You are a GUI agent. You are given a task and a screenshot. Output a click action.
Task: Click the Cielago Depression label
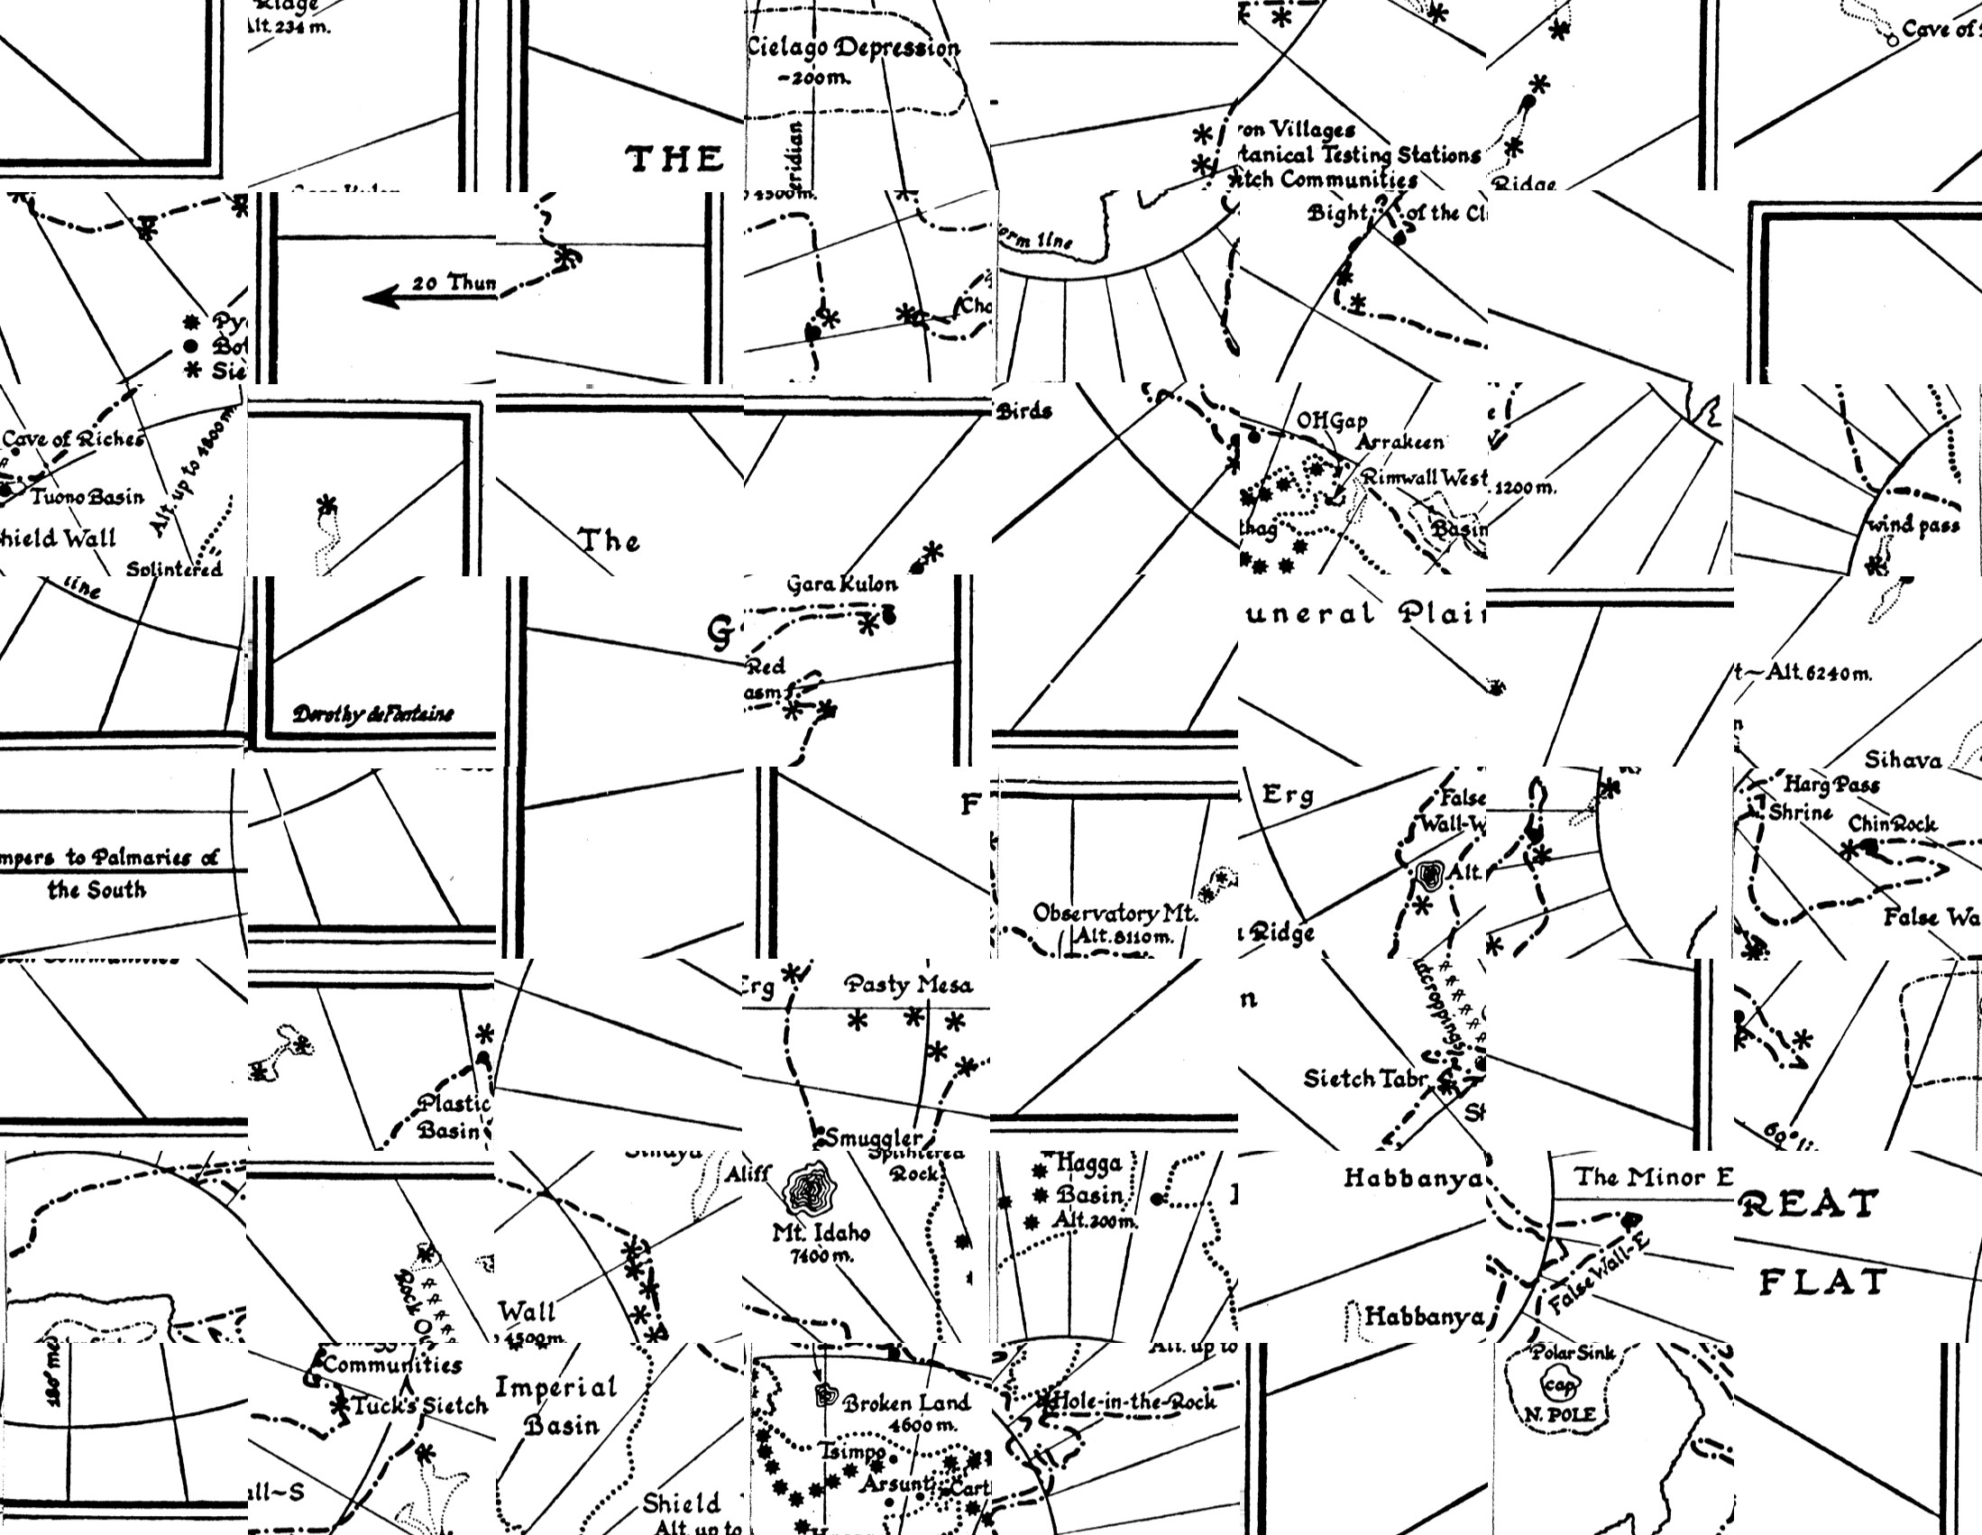click(853, 48)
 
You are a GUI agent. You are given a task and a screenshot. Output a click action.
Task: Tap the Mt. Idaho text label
click(821, 1234)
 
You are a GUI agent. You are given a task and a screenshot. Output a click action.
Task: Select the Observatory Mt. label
click(1115, 914)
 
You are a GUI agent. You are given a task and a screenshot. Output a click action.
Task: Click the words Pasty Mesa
click(907, 985)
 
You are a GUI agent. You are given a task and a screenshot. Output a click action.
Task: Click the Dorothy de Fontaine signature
click(372, 714)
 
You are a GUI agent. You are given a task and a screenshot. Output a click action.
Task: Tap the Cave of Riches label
click(73, 439)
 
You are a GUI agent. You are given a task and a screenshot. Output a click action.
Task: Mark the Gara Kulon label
click(841, 584)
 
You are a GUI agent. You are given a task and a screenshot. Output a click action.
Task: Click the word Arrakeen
click(1399, 442)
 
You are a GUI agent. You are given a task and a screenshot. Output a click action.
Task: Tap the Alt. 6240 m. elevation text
click(1806, 673)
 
